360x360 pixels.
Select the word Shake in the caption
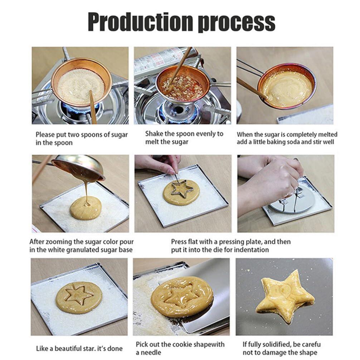tap(154, 134)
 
